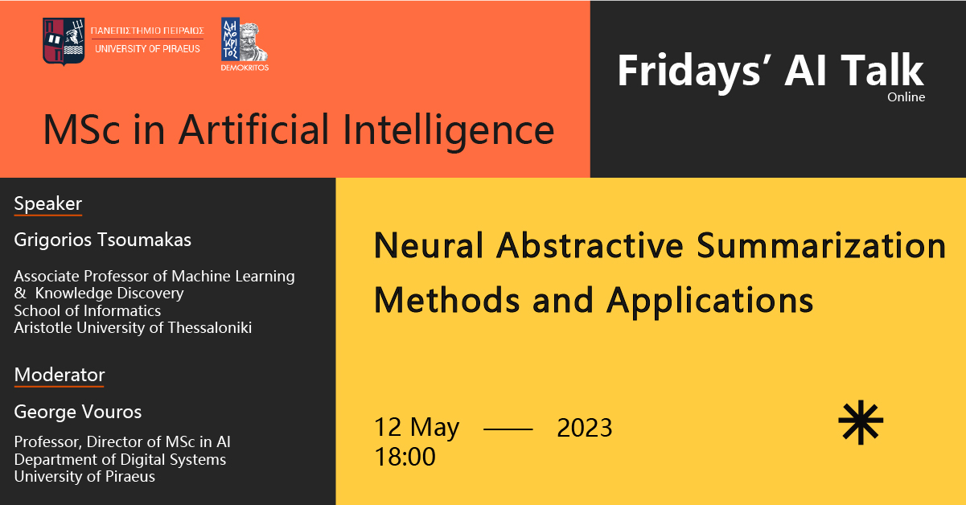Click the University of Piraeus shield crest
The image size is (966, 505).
click(x=64, y=41)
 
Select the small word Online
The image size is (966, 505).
click(x=906, y=97)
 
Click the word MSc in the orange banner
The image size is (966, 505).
click(x=81, y=129)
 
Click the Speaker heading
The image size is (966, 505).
click(x=48, y=203)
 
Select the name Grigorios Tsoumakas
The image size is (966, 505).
click(x=102, y=240)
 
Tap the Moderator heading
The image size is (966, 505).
click(x=60, y=375)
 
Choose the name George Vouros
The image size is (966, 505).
click(x=78, y=412)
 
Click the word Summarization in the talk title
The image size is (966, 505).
click(x=821, y=245)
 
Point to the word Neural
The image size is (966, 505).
click(x=428, y=245)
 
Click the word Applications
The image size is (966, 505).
click(x=710, y=301)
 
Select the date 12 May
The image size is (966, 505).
click(x=417, y=427)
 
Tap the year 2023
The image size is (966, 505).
click(x=584, y=428)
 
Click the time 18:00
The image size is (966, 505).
click(x=405, y=457)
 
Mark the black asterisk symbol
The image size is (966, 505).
click(x=861, y=422)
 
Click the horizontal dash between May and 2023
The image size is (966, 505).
click(x=508, y=429)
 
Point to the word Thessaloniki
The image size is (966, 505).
click(x=210, y=328)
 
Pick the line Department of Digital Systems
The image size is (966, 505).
click(x=120, y=460)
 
